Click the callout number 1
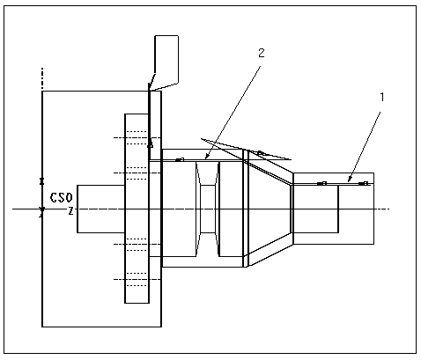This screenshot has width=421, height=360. [382, 97]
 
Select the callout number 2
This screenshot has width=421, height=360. [261, 53]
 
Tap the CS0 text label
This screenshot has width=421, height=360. [61, 198]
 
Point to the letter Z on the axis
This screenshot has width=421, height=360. [70, 210]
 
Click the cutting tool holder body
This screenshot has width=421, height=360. [166, 59]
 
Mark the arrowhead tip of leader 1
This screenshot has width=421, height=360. [348, 182]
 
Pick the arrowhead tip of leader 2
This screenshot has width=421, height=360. [205, 159]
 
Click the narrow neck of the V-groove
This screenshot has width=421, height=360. [208, 209]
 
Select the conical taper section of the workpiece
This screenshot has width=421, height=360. [270, 209]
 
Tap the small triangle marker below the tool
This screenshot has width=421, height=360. [151, 144]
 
